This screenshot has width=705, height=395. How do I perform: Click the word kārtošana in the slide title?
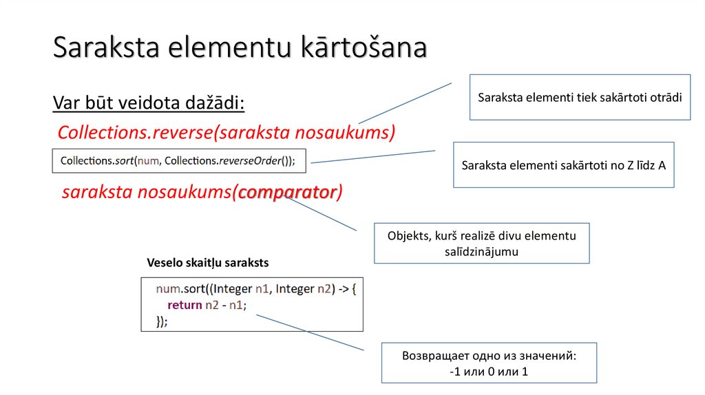[364, 47]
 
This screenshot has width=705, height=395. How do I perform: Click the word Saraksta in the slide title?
[106, 47]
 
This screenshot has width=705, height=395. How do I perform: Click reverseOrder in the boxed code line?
[250, 161]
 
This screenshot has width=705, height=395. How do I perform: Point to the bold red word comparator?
[287, 192]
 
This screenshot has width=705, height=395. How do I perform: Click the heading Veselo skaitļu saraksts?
[208, 263]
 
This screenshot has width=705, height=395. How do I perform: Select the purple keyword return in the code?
[185, 305]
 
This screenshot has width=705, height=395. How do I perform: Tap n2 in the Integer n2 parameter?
[324, 289]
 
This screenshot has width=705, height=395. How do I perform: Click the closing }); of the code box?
[162, 321]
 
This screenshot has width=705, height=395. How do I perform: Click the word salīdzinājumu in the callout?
[481, 252]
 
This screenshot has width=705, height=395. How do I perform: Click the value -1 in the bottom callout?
[454, 372]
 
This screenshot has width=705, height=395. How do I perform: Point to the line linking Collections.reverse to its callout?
[405, 103]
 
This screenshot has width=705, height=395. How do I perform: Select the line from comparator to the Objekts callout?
[320, 213]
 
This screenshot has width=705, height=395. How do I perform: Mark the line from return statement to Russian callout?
[310, 332]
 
